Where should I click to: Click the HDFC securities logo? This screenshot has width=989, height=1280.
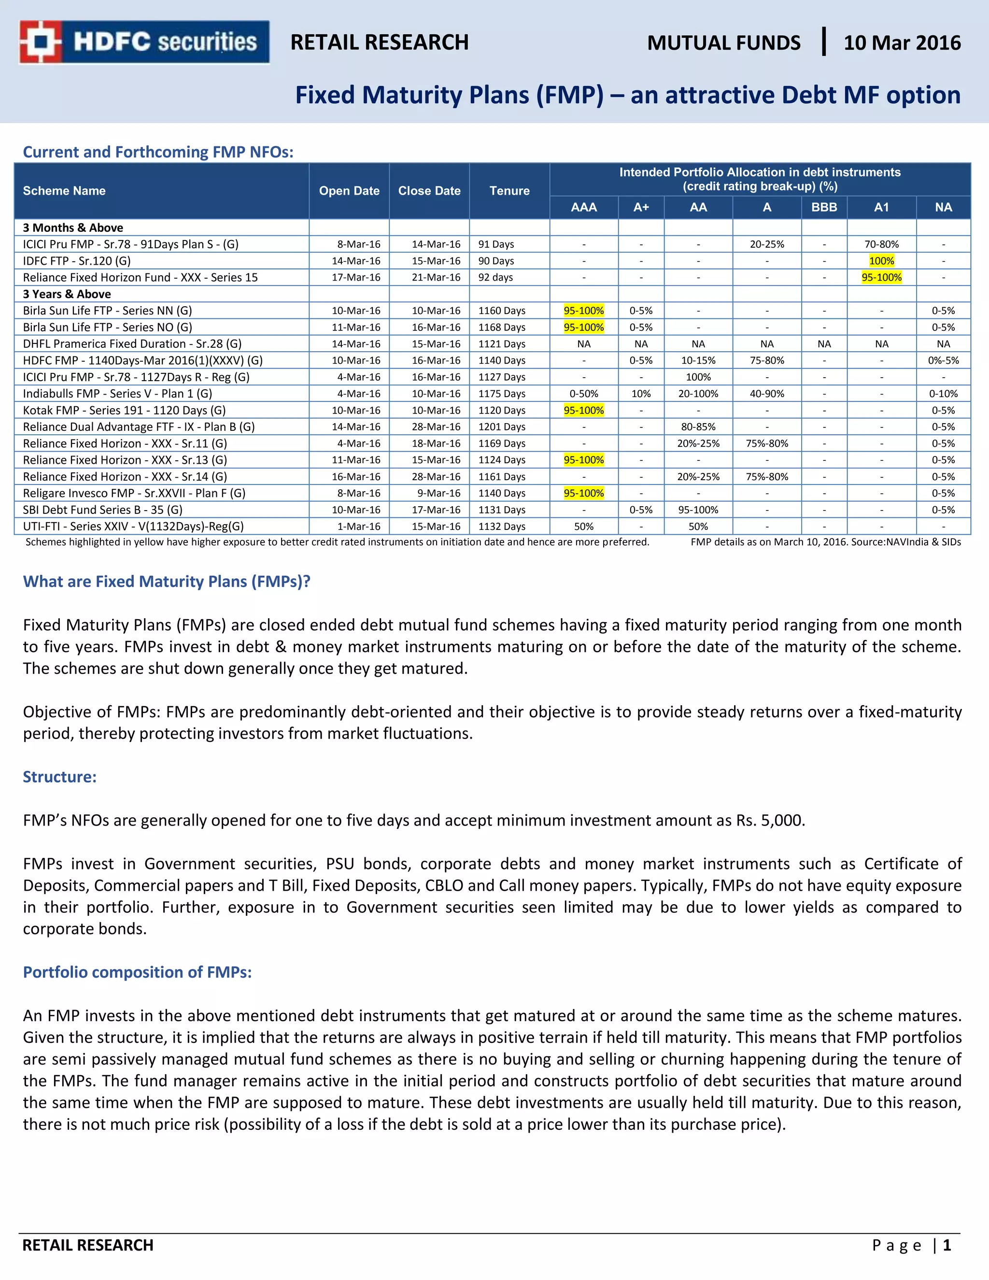[144, 42]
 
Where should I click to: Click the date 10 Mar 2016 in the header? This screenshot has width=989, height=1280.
[902, 43]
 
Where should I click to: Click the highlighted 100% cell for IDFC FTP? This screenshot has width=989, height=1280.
[881, 261]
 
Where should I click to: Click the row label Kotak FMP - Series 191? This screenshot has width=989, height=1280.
[124, 410]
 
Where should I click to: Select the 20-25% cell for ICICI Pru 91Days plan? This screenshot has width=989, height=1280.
[766, 244]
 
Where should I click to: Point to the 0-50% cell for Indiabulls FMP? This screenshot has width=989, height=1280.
[583, 394]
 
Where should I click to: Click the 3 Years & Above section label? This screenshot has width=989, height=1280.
[67, 294]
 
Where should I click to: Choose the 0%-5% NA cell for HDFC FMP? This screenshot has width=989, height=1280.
[943, 360]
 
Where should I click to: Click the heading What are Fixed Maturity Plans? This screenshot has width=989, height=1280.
[167, 582]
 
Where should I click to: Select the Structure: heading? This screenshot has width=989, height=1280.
[60, 777]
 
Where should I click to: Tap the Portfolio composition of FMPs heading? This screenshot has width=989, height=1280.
[137, 972]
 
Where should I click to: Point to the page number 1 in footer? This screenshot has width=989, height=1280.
[946, 1245]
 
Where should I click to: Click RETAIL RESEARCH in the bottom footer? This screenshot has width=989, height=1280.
[88, 1245]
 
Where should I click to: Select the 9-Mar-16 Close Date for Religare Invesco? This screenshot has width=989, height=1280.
[438, 493]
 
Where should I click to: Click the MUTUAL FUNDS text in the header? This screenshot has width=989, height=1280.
[723, 43]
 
